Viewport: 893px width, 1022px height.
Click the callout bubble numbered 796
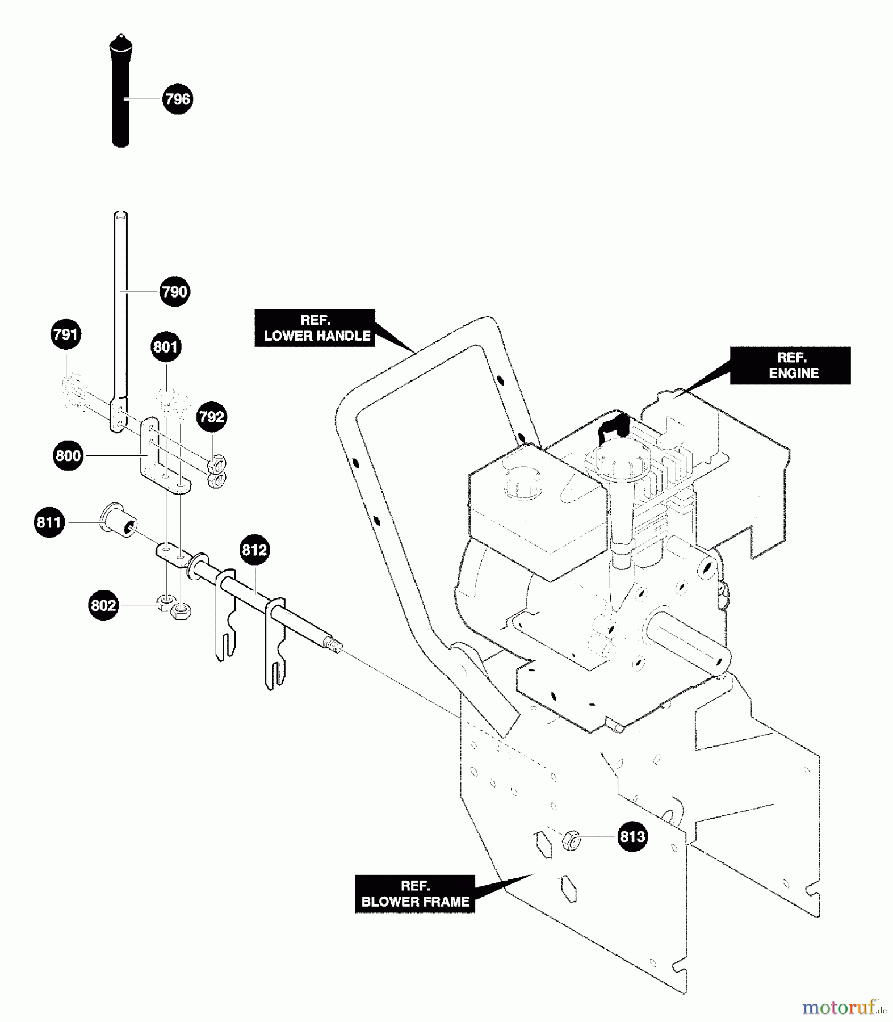tap(177, 99)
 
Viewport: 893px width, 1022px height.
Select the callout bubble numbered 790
tap(174, 291)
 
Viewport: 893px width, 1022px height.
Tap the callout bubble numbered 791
tap(66, 334)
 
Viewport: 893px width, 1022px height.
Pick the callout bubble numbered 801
tap(166, 346)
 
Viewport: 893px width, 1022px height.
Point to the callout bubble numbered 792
tap(212, 417)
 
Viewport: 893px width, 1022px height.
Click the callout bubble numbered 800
tap(68, 455)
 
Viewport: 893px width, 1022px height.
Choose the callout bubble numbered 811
tap(49, 522)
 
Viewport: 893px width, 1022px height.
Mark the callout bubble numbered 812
tap(254, 550)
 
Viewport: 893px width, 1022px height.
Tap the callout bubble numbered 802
tap(103, 605)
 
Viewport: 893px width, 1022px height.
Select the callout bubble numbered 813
tap(632, 836)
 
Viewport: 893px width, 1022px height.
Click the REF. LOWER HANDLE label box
tap(315, 328)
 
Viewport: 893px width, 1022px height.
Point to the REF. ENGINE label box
tap(790, 365)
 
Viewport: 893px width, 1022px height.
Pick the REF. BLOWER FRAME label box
tap(415, 894)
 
